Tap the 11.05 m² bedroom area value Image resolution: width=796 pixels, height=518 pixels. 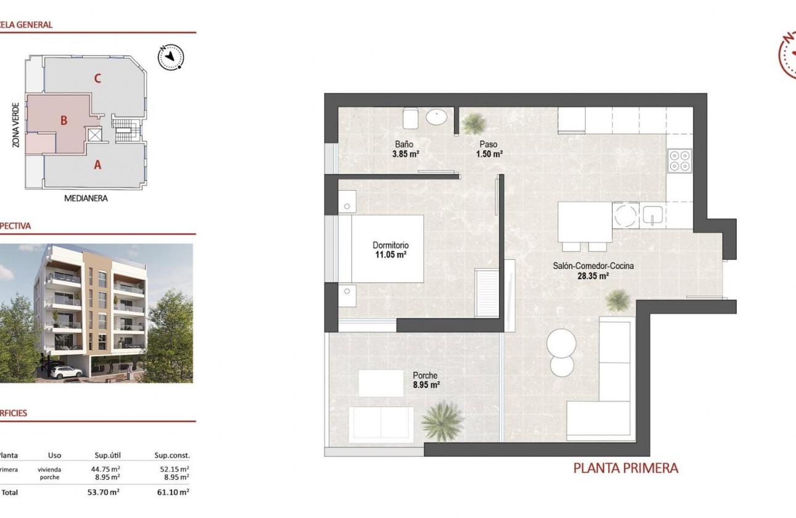point(390,254)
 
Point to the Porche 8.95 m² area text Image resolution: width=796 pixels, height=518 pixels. point(426,385)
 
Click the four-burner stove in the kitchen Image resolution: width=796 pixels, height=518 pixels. point(679,161)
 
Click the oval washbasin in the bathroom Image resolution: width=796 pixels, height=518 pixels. point(438,117)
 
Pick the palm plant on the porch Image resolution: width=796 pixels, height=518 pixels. point(442,421)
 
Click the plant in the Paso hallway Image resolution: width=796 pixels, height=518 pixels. point(474,123)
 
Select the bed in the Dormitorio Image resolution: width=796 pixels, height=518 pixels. point(387,249)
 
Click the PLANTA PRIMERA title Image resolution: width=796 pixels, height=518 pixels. point(626,468)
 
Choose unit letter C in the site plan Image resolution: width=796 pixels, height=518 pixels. point(97,78)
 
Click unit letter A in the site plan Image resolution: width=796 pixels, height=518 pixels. point(97,165)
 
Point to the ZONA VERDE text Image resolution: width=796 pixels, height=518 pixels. point(16,125)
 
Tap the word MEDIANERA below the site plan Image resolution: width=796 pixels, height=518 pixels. point(86,199)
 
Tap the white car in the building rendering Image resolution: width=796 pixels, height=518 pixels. point(65,372)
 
